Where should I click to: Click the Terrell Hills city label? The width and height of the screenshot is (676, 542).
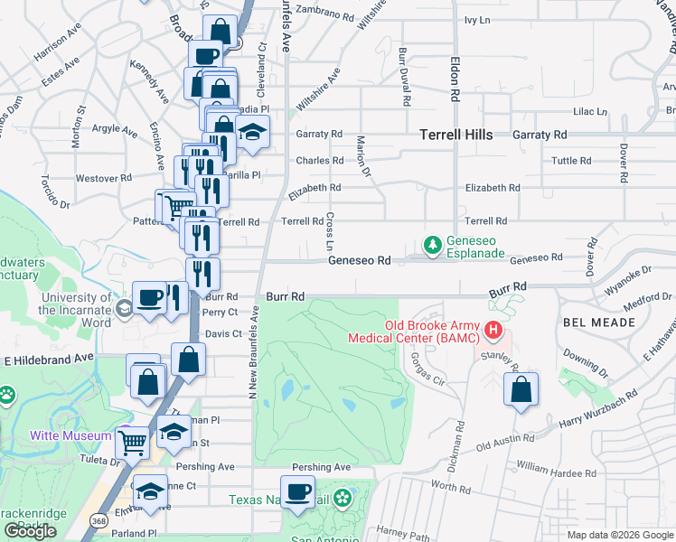tap(455, 135)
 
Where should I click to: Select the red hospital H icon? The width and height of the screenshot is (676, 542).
tap(493, 331)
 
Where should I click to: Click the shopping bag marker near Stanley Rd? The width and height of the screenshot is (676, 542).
tap(521, 390)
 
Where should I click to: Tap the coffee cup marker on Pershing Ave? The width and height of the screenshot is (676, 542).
tap(297, 493)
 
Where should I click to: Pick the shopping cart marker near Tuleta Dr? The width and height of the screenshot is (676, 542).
tap(133, 443)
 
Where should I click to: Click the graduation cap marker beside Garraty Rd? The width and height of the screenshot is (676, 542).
tap(252, 130)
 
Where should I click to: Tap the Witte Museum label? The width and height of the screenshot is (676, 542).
tap(63, 435)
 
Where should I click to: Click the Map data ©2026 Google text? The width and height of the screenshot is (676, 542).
tap(619, 535)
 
